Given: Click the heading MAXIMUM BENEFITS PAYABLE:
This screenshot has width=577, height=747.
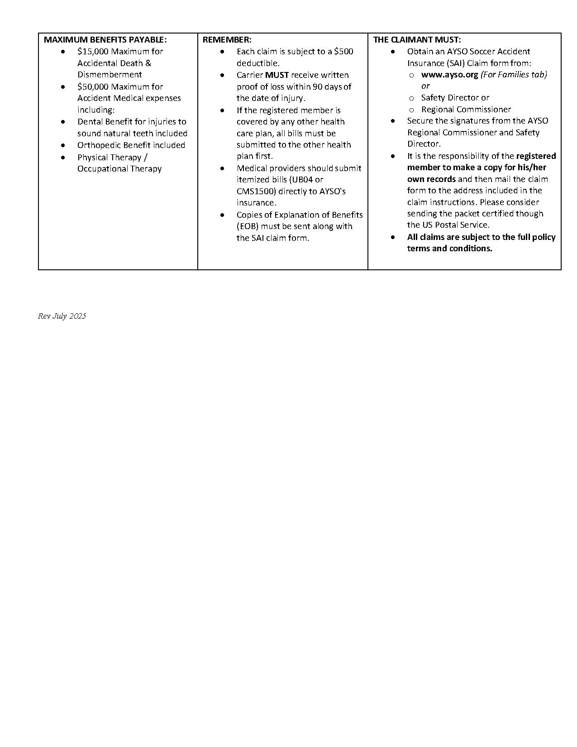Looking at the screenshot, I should (x=105, y=40).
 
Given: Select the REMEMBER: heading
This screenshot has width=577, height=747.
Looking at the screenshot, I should (x=227, y=40).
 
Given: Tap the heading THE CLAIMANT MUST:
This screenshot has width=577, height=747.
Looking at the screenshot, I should (x=417, y=40).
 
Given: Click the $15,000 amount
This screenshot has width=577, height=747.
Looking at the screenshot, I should (x=93, y=52).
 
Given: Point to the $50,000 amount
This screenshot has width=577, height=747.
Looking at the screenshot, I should (x=93, y=87).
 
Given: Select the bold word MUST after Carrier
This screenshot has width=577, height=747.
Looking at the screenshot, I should (x=277, y=75).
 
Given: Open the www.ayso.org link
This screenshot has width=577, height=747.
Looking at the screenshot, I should (x=449, y=75).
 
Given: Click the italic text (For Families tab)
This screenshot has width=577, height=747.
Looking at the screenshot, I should (x=514, y=75).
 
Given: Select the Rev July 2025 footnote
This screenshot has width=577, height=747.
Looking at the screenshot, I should (x=62, y=316).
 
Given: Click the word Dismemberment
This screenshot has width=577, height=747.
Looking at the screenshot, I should (x=110, y=75).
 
